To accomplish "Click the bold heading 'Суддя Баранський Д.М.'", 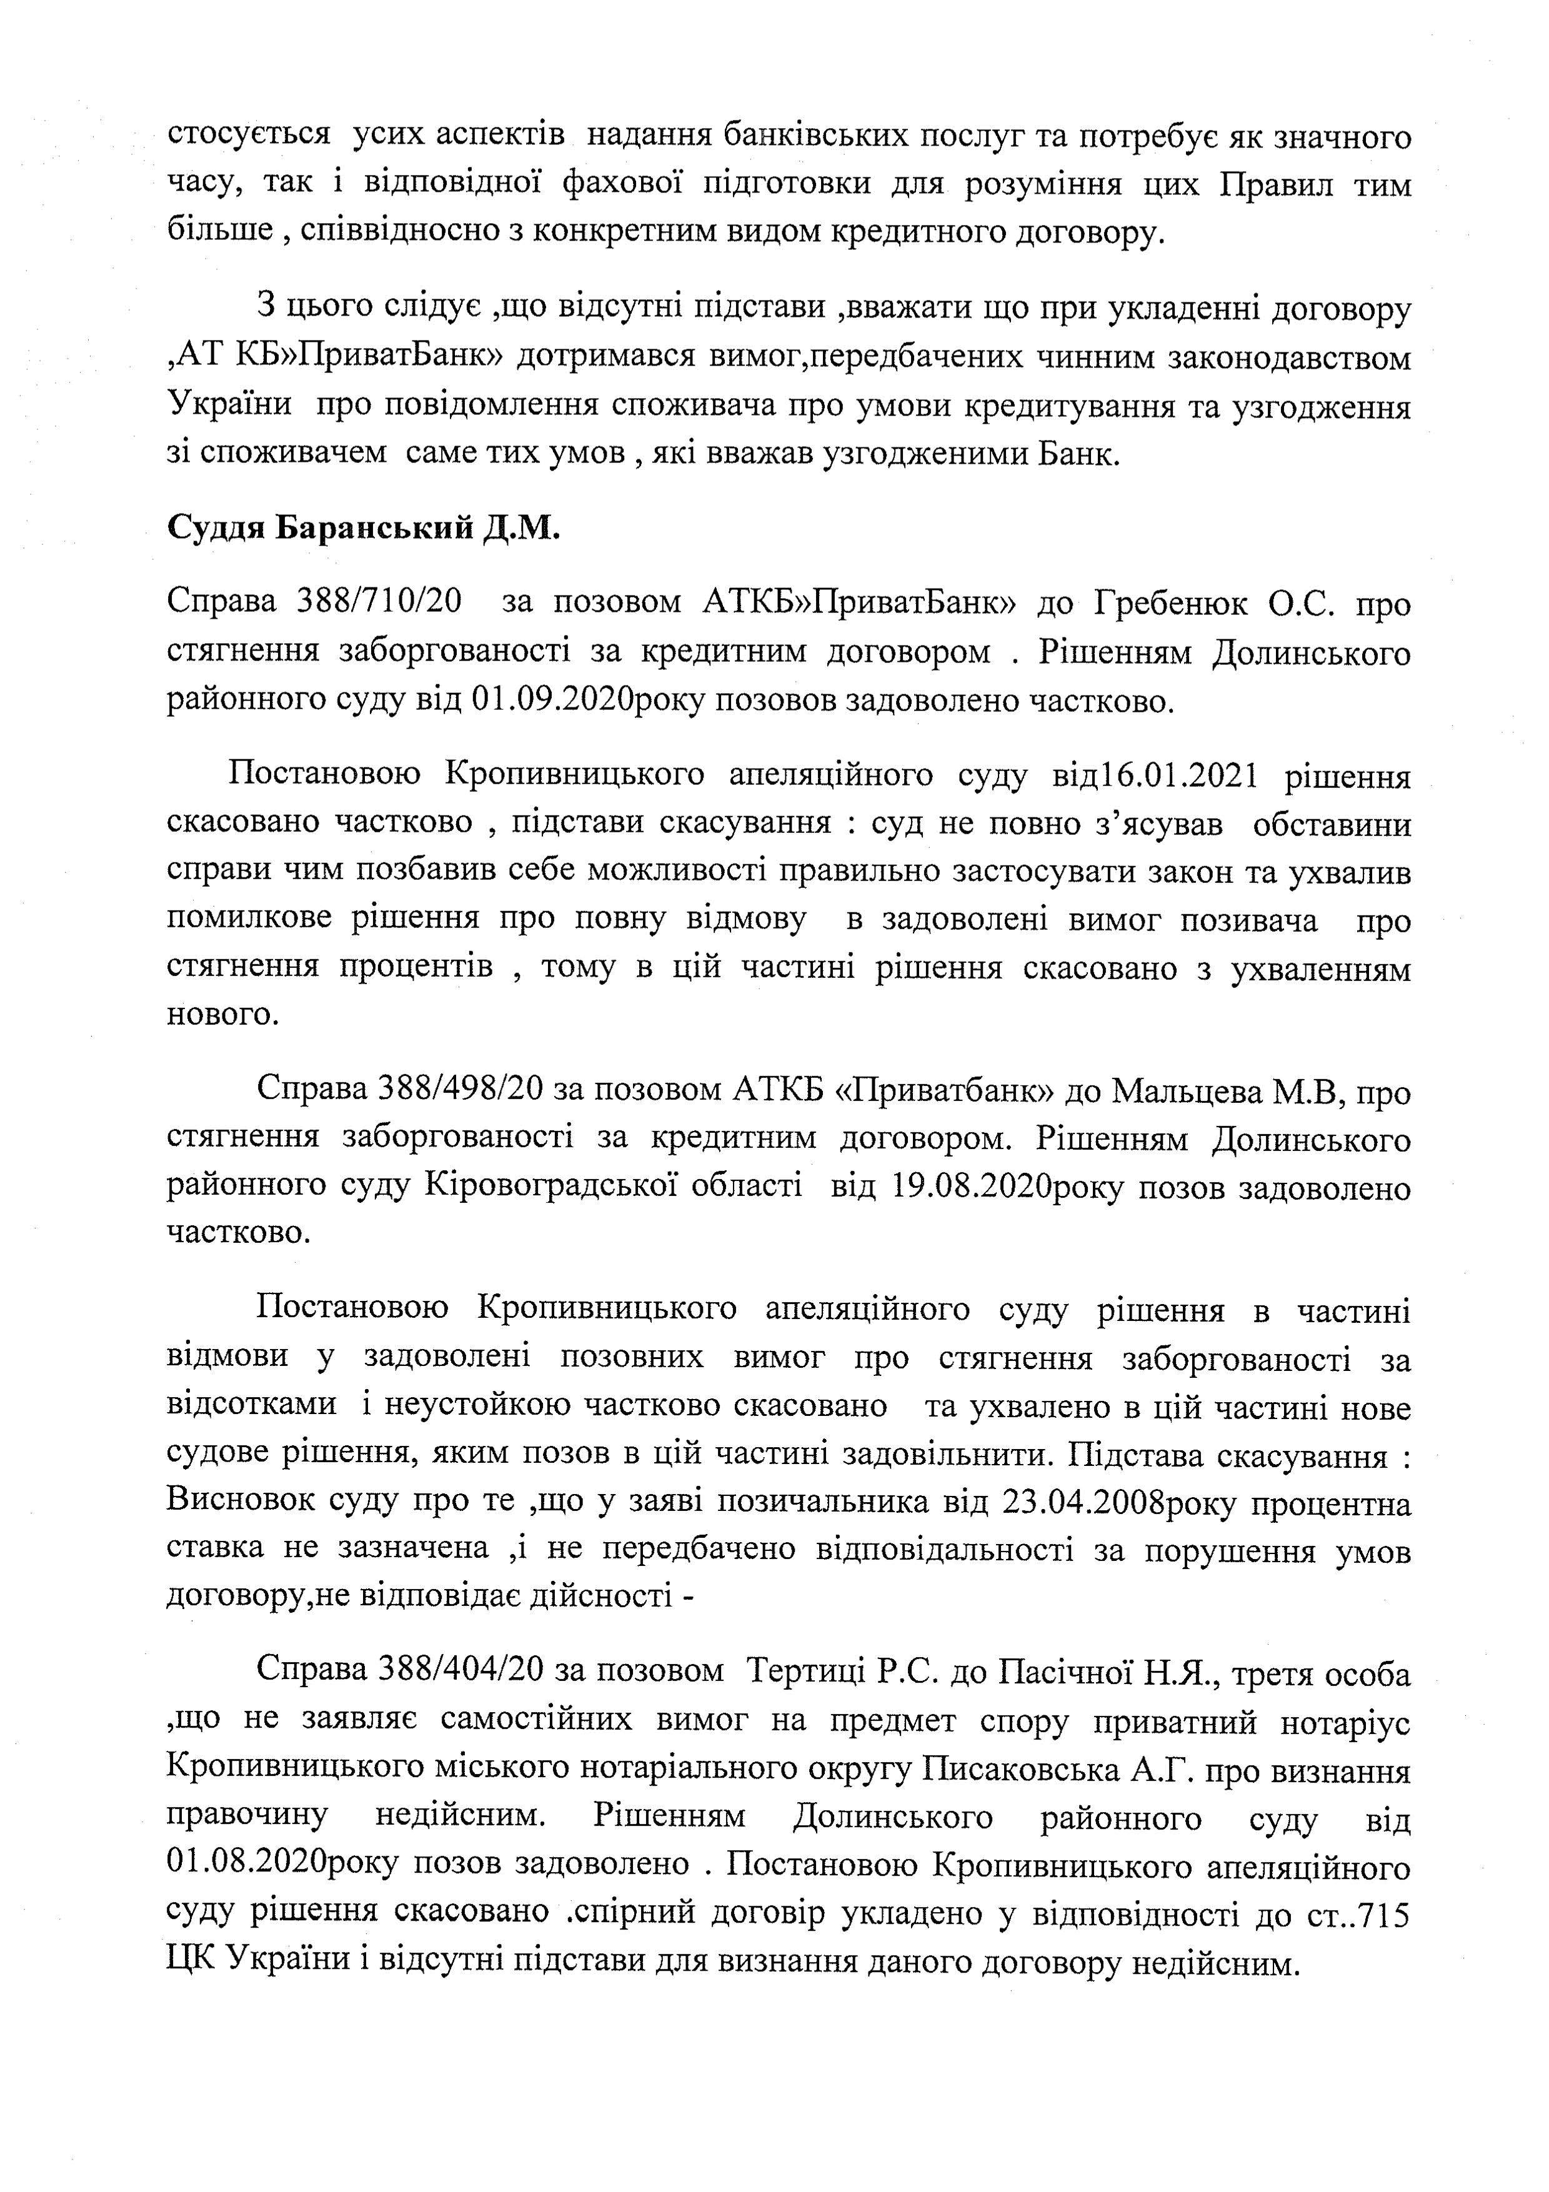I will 362,527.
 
